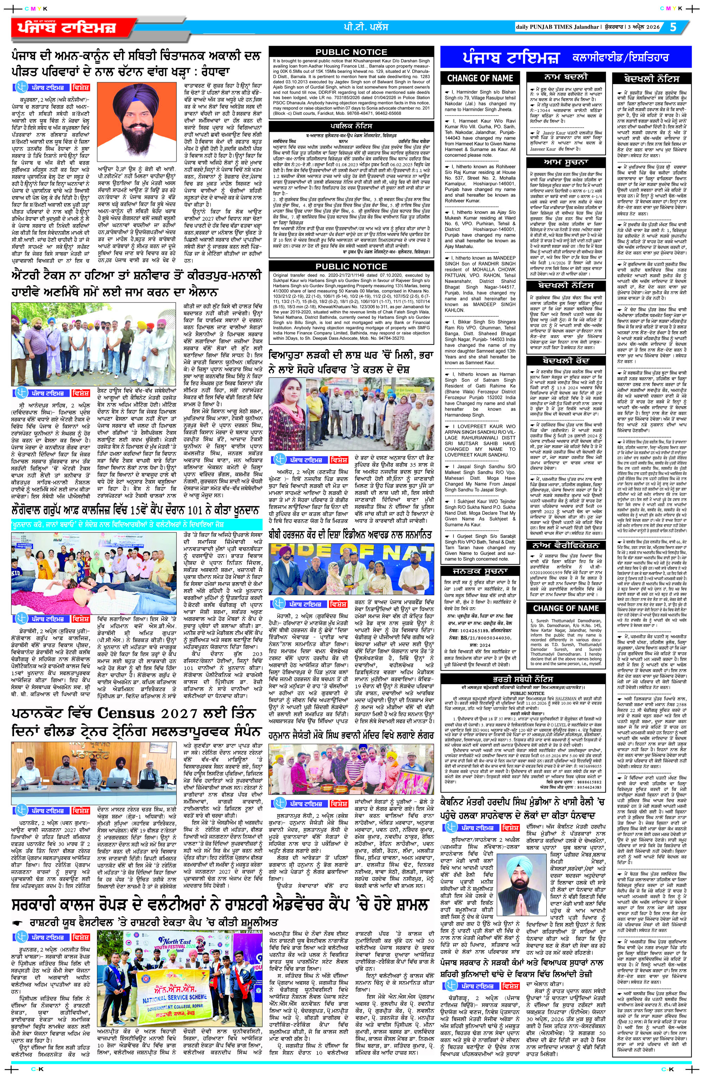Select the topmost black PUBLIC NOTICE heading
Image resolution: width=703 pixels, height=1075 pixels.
tap(351, 52)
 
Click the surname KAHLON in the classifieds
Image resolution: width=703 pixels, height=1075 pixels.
tap(455, 310)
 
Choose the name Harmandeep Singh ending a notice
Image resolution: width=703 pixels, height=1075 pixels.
tap(465, 415)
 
